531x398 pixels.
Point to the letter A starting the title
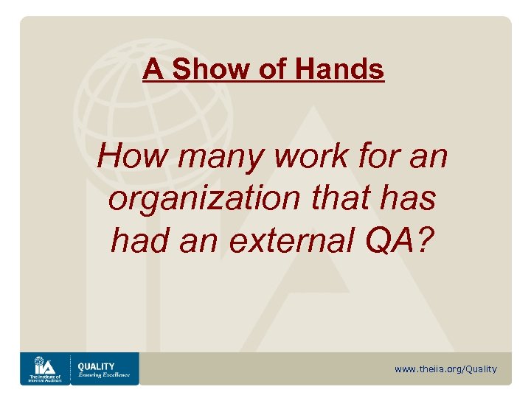click(x=153, y=69)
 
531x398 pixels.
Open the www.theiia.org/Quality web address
click(x=445, y=369)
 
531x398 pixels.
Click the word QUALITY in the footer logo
click(x=97, y=366)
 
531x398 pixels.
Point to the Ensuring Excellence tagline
click(x=103, y=374)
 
